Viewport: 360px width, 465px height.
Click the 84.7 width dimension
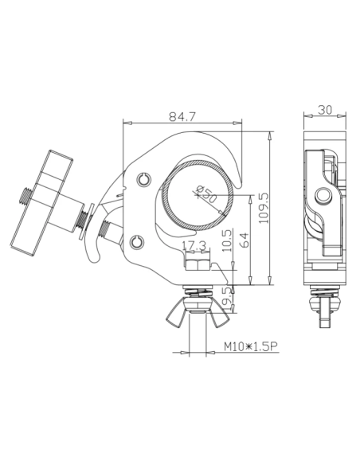182,117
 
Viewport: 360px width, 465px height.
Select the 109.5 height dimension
264,209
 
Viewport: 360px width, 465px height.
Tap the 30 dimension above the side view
325,110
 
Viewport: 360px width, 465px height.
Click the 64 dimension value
244,240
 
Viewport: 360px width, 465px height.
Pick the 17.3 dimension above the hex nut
194,245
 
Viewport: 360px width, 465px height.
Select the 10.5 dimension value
227,240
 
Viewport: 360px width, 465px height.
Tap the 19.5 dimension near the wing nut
227,299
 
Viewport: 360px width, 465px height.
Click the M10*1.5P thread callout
251,346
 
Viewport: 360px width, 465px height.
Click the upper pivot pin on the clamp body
144,179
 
